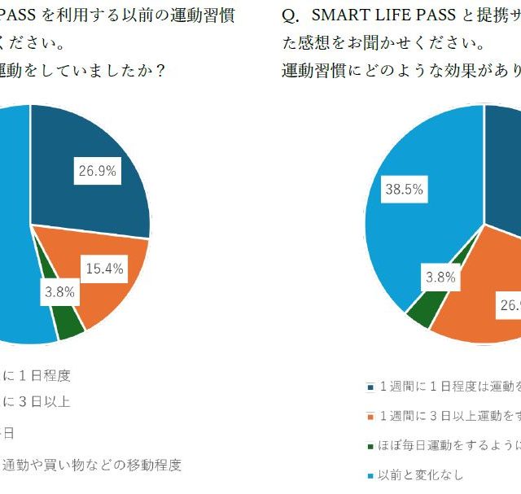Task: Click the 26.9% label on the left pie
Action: pyautogui.click(x=97, y=171)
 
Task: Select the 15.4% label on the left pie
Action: pyautogui.click(x=103, y=269)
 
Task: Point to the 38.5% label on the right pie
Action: pyautogui.click(x=404, y=189)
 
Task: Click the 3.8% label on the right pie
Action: pyautogui.click(x=440, y=278)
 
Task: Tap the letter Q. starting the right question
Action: pyautogui.click(x=289, y=15)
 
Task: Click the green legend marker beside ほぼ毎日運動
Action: pyautogui.click(x=370, y=446)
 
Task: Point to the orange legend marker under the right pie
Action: pyautogui.click(x=370, y=417)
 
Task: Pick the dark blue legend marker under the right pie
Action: pyautogui.click(x=370, y=387)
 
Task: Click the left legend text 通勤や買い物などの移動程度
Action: pyautogui.click(x=91, y=465)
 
